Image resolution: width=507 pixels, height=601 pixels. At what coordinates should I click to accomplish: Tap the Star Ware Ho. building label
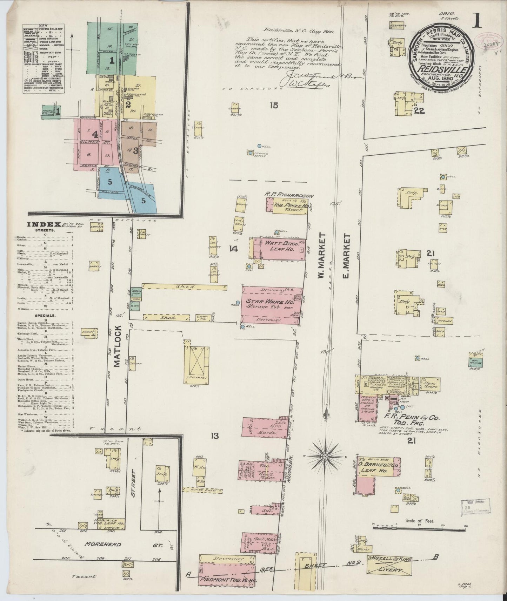(270, 302)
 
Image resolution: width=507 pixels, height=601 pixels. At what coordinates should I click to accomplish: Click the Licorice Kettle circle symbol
(250, 153)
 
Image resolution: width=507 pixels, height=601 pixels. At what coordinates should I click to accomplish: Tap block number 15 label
(274, 105)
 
